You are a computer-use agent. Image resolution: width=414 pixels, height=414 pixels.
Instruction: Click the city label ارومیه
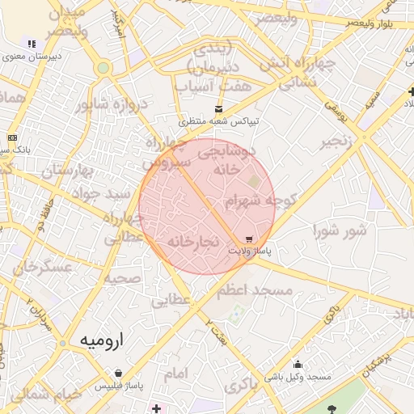[103, 340]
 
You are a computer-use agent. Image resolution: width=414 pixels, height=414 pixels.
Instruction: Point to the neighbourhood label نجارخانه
[193, 241]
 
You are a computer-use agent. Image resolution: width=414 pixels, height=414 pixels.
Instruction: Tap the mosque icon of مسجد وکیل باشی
[298, 364]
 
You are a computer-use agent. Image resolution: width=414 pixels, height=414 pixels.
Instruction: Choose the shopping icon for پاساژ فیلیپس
[119, 374]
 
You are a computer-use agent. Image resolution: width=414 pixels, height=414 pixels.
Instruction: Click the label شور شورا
[340, 230]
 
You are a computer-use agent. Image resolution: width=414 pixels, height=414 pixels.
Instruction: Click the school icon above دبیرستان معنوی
[32, 44]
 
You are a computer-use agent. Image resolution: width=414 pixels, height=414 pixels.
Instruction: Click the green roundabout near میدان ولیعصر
[103, 68]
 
